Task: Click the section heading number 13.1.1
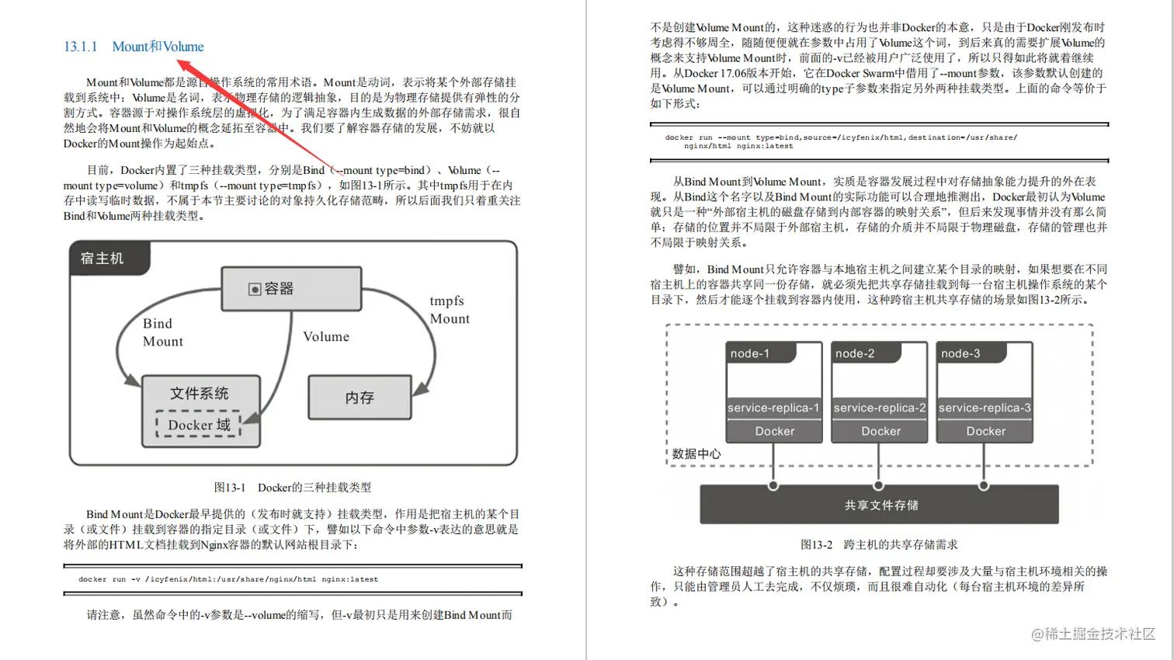(81, 47)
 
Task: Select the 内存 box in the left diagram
(359, 398)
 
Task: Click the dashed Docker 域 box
(199, 425)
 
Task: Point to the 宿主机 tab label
(102, 259)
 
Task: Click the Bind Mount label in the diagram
(162, 332)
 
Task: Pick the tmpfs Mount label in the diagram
(450, 310)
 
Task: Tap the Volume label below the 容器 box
(326, 337)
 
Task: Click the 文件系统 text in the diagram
(200, 393)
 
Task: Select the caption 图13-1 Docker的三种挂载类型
(293, 488)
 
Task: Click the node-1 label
(749, 353)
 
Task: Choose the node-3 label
(960, 353)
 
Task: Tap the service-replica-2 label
(880, 408)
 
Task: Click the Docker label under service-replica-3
(985, 431)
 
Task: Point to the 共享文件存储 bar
(880, 505)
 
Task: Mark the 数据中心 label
(696, 453)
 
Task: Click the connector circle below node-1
(773, 486)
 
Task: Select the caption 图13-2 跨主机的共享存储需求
(879, 545)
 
